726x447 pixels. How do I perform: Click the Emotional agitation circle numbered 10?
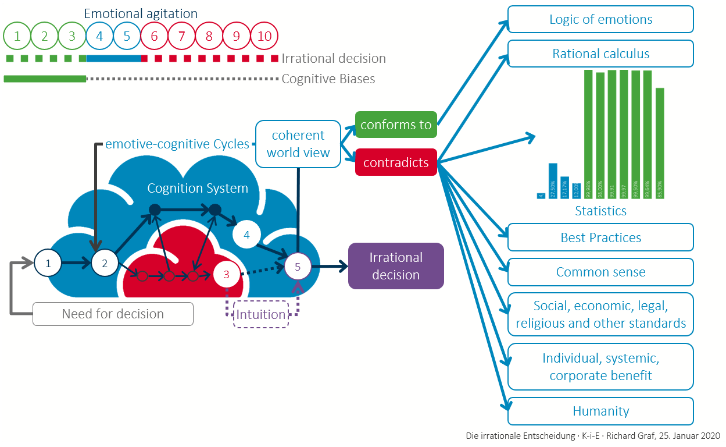264,36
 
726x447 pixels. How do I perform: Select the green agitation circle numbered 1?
17,36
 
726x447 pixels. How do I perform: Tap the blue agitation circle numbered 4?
100,36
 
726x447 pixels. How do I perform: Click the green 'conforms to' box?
396,125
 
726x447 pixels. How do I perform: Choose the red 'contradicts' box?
396,162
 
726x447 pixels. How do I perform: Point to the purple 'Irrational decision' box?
396,266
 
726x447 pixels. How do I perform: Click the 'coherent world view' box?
298,144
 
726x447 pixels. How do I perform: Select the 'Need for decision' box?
113,314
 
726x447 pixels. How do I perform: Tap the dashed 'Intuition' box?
260,314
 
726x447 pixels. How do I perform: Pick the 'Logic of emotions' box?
600,19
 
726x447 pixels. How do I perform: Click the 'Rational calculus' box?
600,54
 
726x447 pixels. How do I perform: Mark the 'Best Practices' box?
600,237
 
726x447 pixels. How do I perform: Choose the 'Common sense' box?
600,272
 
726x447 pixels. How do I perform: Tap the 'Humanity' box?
600,411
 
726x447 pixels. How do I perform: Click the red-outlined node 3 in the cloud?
227,274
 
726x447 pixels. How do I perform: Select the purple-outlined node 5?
298,267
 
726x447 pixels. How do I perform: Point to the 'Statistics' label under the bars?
600,211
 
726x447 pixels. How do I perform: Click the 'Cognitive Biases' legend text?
328,79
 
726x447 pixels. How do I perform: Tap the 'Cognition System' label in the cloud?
198,188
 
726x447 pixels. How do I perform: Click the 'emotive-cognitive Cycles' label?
177,144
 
